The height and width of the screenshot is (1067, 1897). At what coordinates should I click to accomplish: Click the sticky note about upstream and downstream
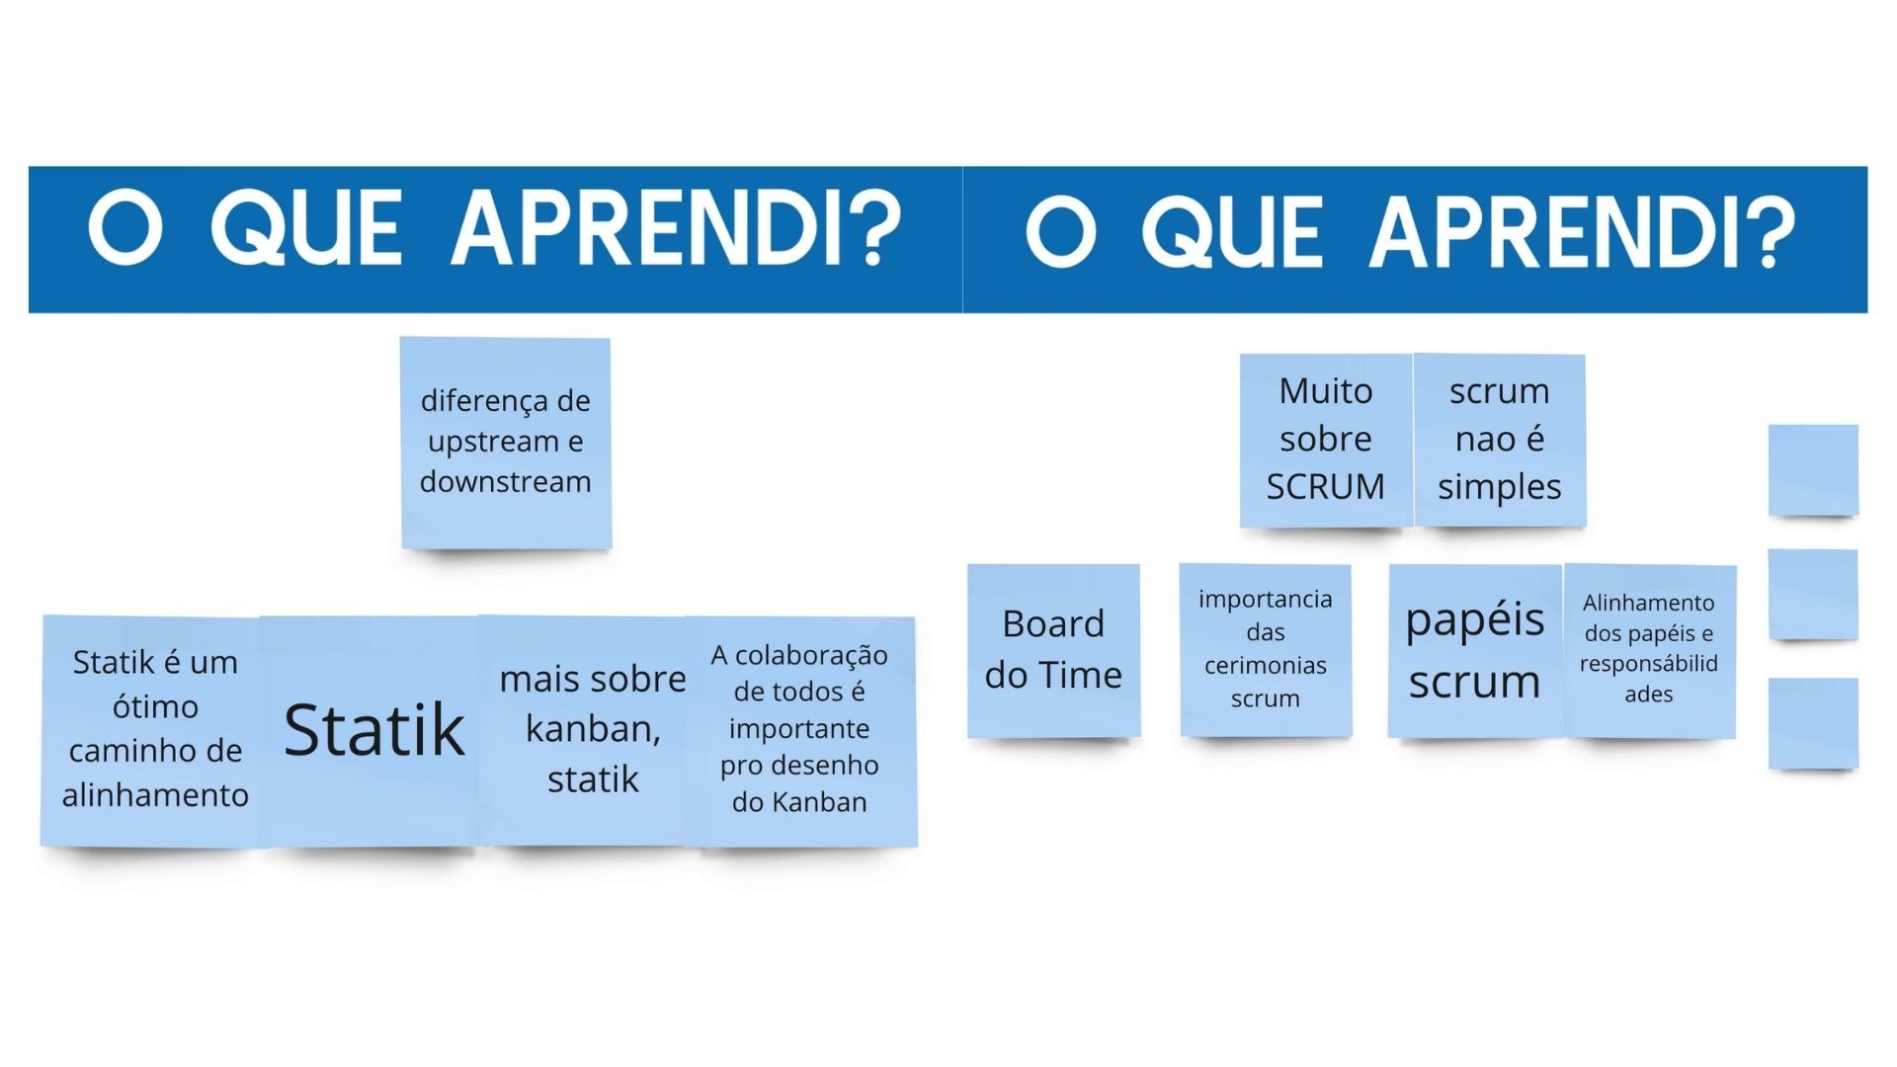tap(506, 443)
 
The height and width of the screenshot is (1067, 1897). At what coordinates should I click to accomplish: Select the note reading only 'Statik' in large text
tap(372, 731)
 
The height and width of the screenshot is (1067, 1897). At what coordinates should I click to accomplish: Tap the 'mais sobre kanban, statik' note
tap(590, 731)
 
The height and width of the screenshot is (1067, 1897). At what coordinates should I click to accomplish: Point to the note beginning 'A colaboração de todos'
tap(800, 731)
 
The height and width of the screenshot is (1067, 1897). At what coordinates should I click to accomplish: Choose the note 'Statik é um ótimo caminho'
tap(153, 731)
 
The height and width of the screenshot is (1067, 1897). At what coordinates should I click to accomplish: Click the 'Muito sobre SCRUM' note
tap(1326, 441)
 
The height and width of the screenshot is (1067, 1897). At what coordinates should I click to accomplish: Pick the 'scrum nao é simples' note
tap(1500, 441)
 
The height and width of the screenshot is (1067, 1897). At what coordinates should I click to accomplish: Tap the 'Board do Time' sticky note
tap(1054, 650)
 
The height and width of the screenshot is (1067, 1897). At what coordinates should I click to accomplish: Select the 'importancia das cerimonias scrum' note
tap(1266, 650)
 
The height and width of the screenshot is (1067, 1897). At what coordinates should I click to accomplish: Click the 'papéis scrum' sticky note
tap(1475, 650)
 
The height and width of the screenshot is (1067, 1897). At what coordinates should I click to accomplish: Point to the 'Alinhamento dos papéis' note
tap(1649, 650)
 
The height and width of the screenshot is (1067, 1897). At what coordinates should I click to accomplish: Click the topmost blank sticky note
tap(1813, 469)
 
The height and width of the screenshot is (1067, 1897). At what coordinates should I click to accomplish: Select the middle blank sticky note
tap(1813, 595)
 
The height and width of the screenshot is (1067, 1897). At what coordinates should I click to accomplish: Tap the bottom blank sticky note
tap(1813, 723)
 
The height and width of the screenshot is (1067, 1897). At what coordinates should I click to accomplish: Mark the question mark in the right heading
tap(1770, 231)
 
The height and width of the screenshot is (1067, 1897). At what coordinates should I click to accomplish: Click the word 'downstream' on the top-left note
tap(506, 482)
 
